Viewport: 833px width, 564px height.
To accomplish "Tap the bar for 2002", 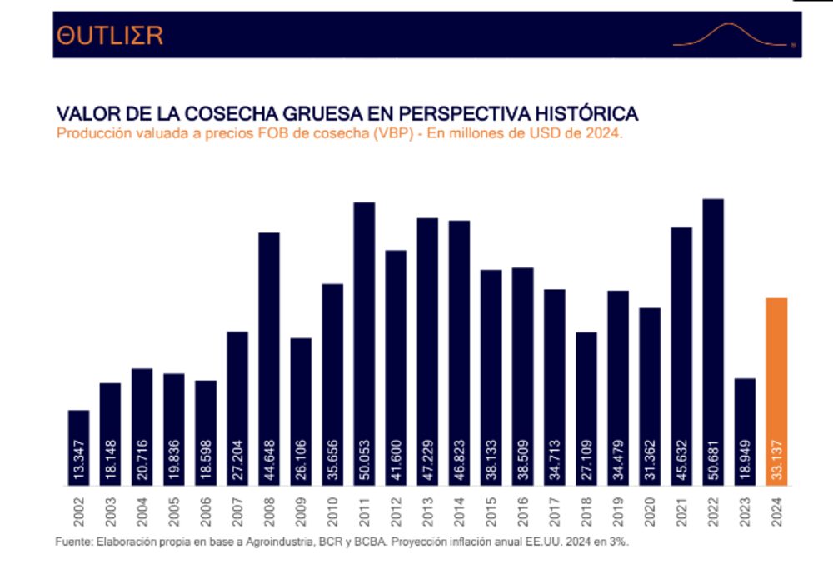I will tap(79, 447).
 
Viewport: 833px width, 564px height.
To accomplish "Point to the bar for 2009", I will tap(301, 412).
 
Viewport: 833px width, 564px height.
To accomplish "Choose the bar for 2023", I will tap(745, 432).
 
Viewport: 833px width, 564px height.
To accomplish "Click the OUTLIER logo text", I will tap(109, 35).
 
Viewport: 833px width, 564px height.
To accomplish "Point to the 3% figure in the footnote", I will tap(618, 542).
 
